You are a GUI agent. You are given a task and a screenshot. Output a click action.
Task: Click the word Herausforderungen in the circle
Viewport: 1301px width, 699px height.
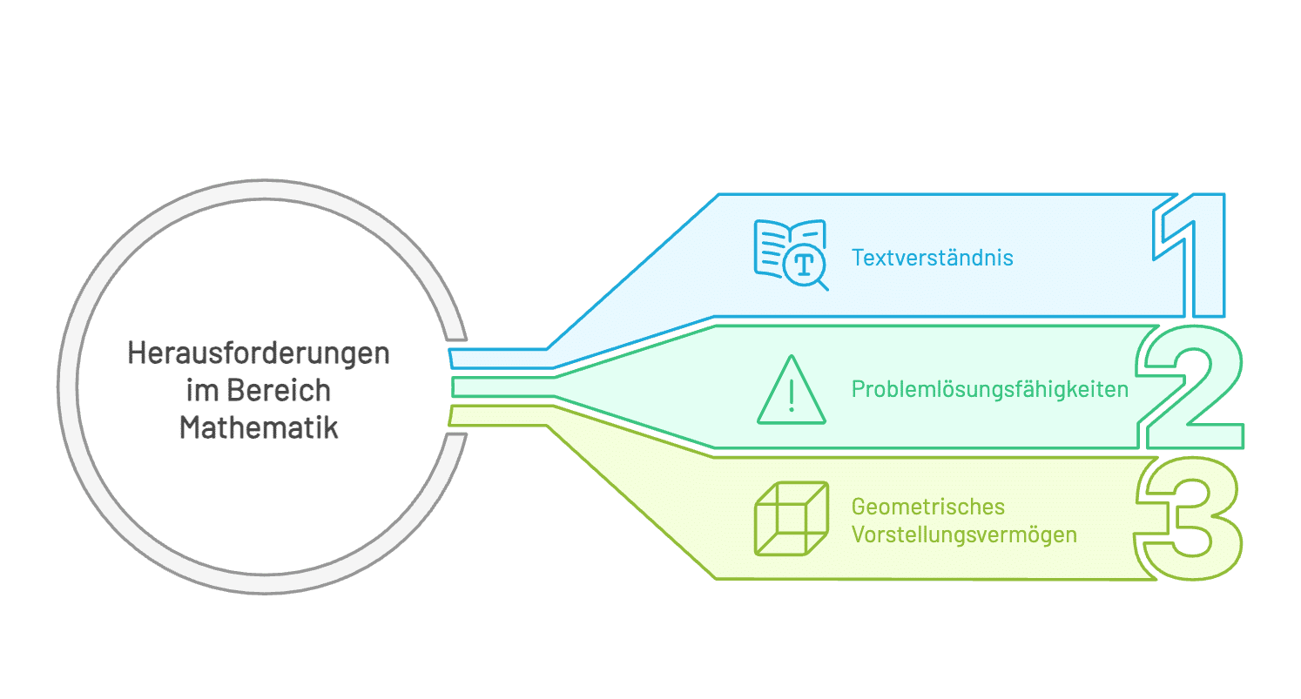[x=259, y=353]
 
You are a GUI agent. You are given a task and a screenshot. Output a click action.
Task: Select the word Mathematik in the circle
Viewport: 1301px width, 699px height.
[x=259, y=428]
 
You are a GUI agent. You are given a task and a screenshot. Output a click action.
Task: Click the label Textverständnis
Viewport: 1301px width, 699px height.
[x=933, y=258]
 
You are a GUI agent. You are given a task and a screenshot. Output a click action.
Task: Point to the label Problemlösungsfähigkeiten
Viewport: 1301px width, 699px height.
[x=990, y=389]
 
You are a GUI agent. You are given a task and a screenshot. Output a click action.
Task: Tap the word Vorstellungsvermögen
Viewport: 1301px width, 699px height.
[x=964, y=534]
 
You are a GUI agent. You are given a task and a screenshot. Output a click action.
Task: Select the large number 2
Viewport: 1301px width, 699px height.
[x=1191, y=389]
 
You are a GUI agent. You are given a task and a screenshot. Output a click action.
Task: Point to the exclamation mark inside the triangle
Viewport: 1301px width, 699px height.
[x=791, y=395]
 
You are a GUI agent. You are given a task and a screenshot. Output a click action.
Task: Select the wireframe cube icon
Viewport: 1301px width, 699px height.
[x=790, y=518]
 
